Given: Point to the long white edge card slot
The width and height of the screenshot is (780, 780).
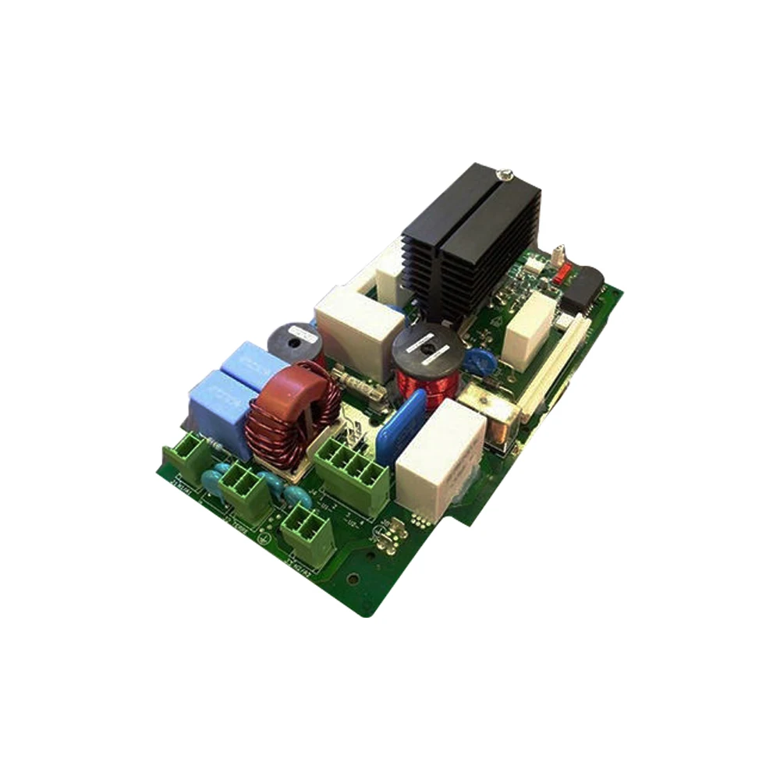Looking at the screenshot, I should point(555,367).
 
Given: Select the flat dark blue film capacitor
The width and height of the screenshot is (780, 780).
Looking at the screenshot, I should point(401,428).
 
